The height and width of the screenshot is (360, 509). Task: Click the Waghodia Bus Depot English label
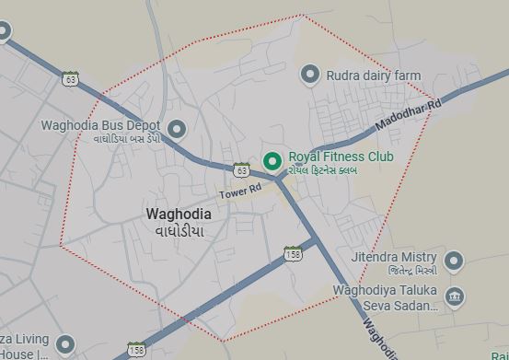pyautogui.click(x=100, y=125)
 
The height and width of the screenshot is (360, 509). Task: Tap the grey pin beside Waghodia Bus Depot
pyautogui.click(x=177, y=128)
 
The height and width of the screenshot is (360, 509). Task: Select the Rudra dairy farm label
pyautogui.click(x=374, y=75)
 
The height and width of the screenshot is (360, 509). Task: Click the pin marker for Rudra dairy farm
pyautogui.click(x=311, y=74)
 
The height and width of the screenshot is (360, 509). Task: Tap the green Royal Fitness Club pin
pyautogui.click(x=272, y=161)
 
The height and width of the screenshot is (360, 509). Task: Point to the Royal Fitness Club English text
pyautogui.click(x=341, y=157)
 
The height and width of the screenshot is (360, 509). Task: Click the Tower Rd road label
pyautogui.click(x=240, y=190)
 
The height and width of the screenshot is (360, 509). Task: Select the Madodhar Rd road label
pyautogui.click(x=409, y=117)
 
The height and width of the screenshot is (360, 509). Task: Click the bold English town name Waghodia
pyautogui.click(x=179, y=214)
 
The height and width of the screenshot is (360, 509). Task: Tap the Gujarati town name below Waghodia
pyautogui.click(x=179, y=230)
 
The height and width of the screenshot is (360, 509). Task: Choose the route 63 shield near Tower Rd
pyautogui.click(x=241, y=170)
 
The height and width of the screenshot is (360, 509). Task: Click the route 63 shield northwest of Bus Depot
pyautogui.click(x=71, y=79)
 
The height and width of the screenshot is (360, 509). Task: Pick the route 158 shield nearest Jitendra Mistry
pyautogui.click(x=292, y=254)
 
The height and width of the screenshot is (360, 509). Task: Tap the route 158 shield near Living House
pyautogui.click(x=136, y=349)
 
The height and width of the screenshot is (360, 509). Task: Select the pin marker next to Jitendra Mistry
pyautogui.click(x=453, y=261)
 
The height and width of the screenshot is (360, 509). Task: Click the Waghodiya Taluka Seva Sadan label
pyautogui.click(x=385, y=297)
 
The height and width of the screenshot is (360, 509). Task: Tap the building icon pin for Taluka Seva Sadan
pyautogui.click(x=454, y=296)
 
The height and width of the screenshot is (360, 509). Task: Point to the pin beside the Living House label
pyautogui.click(x=64, y=345)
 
